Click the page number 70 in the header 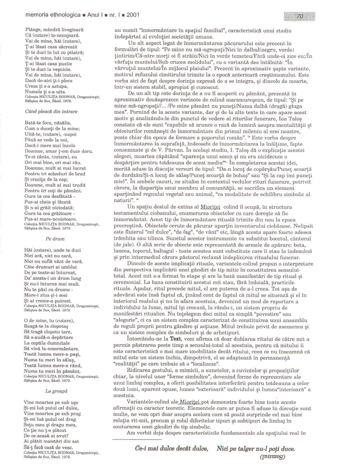point(300,17)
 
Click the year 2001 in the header point(133,15)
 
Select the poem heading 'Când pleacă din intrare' point(51,112)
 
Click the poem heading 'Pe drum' point(55,239)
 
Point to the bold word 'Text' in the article point(175,339)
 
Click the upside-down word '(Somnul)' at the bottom point(273,457)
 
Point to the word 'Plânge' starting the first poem point(32,30)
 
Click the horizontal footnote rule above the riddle point(137,440)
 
